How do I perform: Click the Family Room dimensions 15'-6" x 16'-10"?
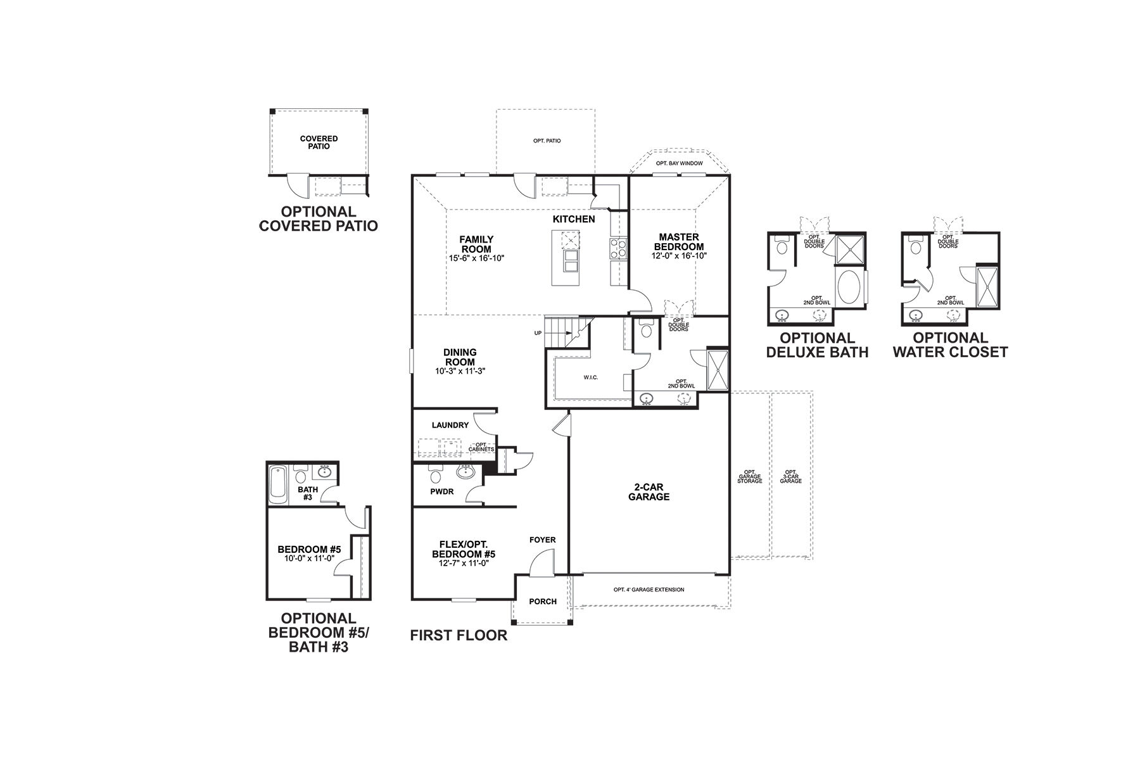click(x=476, y=258)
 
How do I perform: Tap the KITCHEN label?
click(x=574, y=219)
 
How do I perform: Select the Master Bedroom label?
click(x=678, y=242)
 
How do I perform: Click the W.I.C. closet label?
click(x=590, y=377)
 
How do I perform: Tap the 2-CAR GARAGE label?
click(x=649, y=492)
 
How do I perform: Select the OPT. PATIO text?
click(x=547, y=141)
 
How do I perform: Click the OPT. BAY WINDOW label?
click(x=679, y=163)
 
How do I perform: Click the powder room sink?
click(x=465, y=471)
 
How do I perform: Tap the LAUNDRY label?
click(x=450, y=425)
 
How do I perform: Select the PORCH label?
click(x=543, y=602)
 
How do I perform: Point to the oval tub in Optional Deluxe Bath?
click(x=849, y=289)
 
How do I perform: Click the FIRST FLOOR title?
click(x=459, y=635)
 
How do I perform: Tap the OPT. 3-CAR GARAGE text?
click(x=790, y=476)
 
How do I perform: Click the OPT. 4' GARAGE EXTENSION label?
click(x=649, y=590)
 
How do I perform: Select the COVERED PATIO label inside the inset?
click(x=319, y=142)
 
